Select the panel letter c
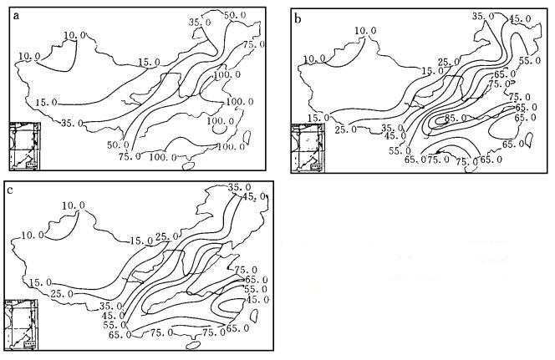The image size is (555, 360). pos(10,190)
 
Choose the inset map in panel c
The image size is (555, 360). pos(21,322)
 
